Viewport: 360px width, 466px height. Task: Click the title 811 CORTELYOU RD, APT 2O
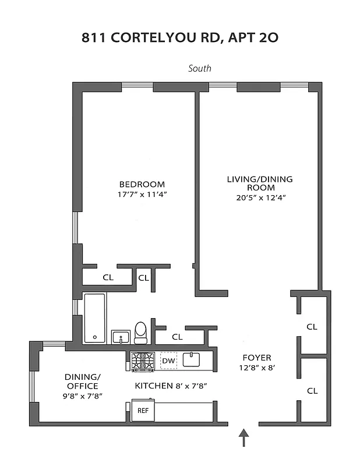(180, 38)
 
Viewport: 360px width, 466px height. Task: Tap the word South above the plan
(199, 69)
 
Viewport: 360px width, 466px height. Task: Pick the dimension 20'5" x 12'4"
(260, 198)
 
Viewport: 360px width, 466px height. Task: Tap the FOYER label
(257, 358)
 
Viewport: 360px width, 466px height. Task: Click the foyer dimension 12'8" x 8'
(257, 368)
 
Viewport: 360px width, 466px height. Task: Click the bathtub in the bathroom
(94, 318)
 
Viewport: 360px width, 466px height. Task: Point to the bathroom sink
(121, 337)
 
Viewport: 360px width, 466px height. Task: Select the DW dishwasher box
(168, 361)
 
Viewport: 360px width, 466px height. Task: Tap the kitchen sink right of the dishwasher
(192, 360)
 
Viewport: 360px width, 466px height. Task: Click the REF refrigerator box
(143, 410)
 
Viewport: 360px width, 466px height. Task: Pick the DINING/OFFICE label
(82, 381)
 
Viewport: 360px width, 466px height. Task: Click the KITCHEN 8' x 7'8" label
(171, 386)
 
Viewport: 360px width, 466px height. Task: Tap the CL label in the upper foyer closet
(312, 327)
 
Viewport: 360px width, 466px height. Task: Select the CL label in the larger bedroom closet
(108, 277)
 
